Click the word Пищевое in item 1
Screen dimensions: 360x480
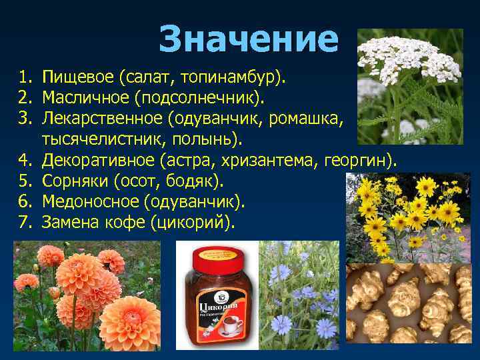point(78,79)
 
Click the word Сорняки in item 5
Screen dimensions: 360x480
point(75,181)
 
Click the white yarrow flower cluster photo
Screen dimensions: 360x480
point(409,87)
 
